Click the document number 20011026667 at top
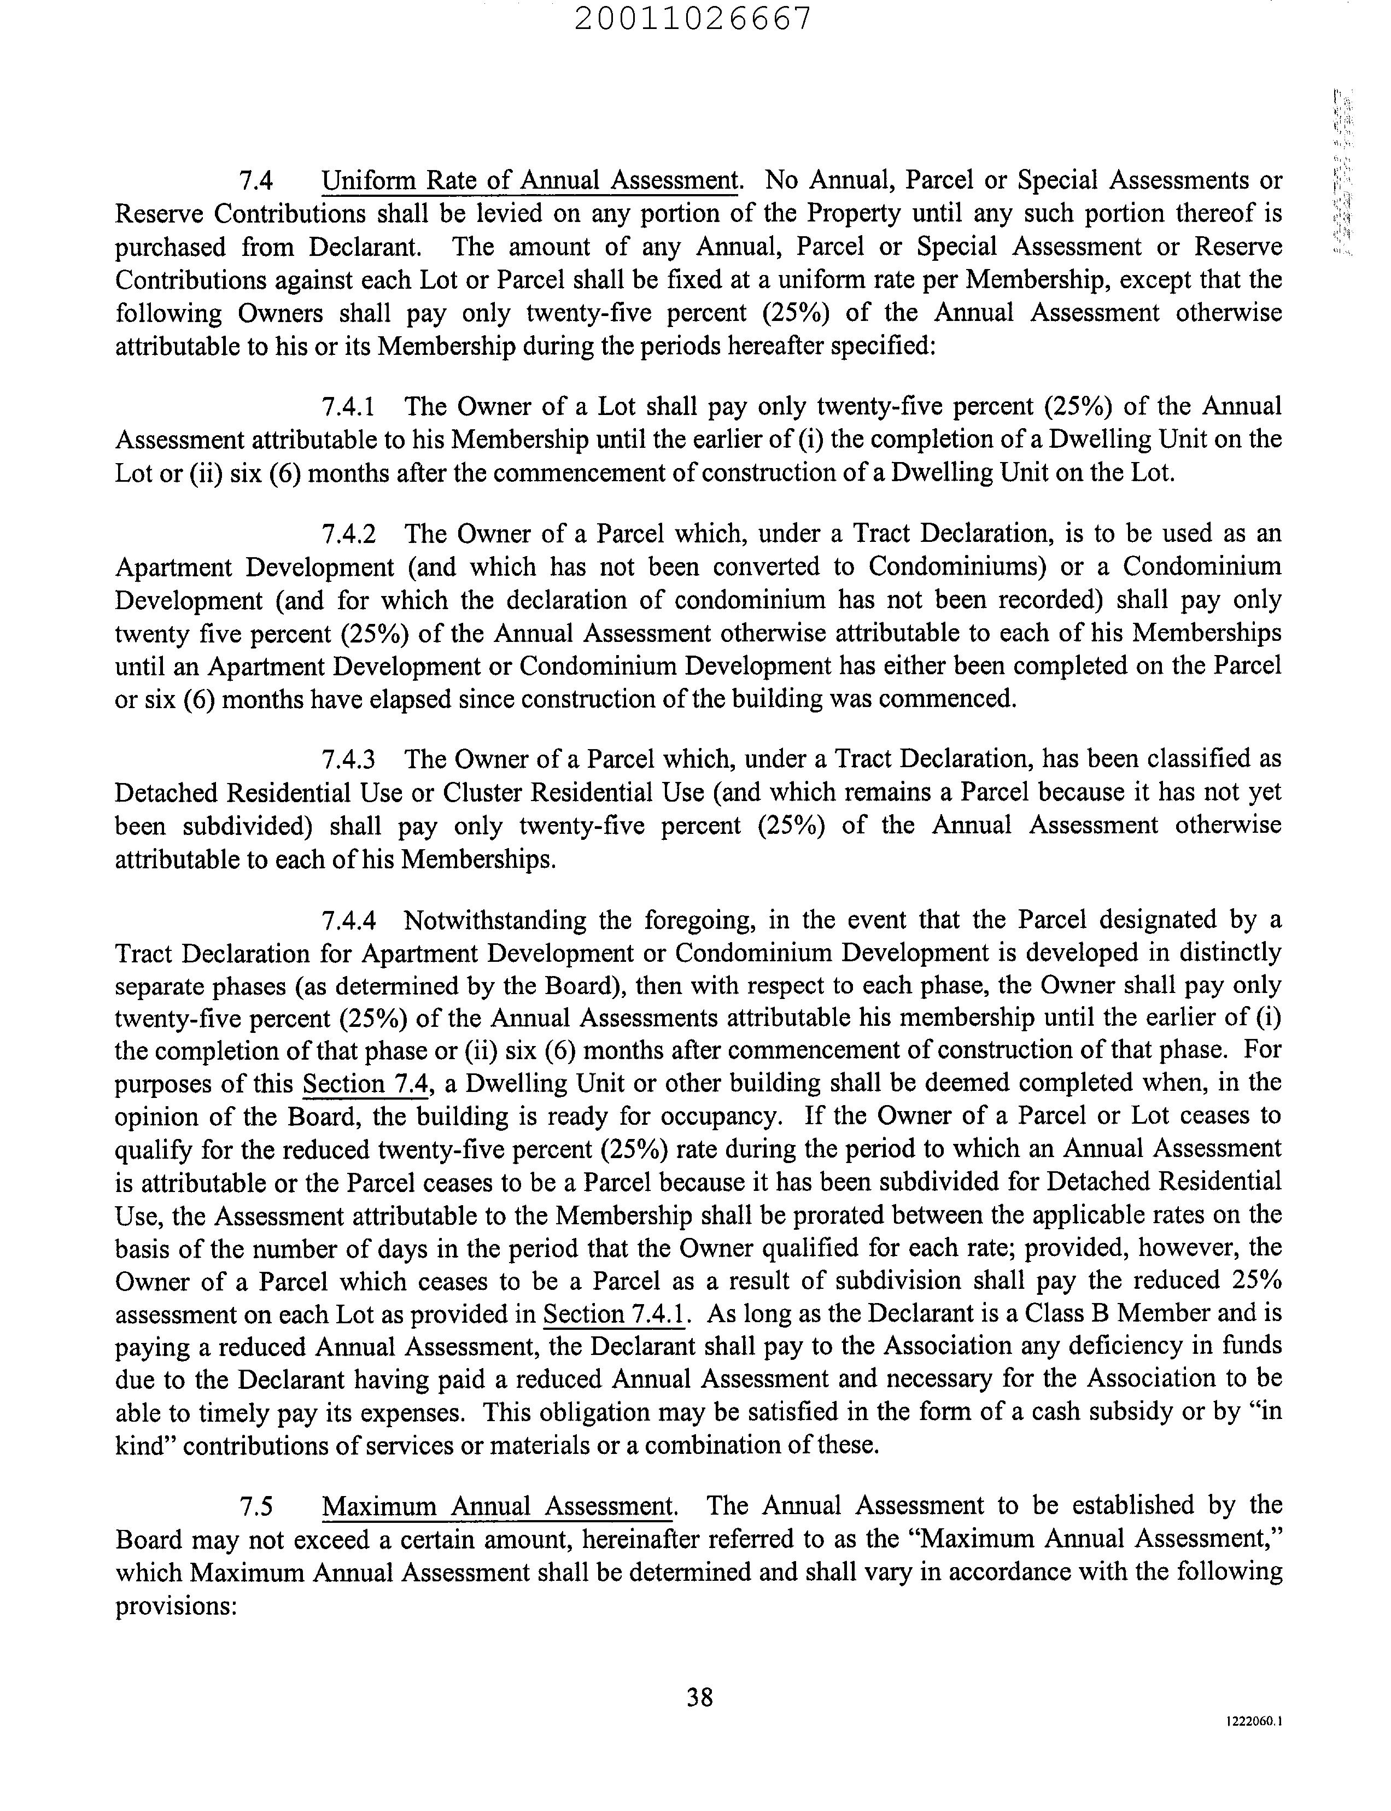pyautogui.click(x=692, y=18)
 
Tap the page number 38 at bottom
pyautogui.click(x=700, y=1698)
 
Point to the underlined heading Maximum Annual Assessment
pyautogui.click(x=498, y=1505)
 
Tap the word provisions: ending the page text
pyautogui.click(x=177, y=1606)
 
